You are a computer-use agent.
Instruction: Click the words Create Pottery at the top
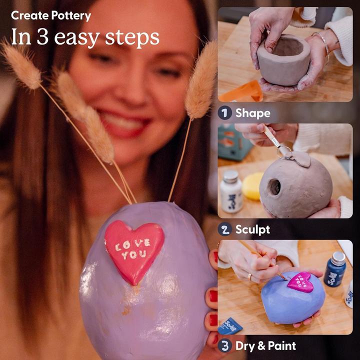click(x=50, y=15)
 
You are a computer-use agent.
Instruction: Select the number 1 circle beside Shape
click(x=224, y=113)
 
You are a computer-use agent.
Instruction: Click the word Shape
click(x=252, y=113)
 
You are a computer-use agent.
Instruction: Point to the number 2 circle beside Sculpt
click(x=224, y=229)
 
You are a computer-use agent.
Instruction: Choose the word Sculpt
click(x=252, y=229)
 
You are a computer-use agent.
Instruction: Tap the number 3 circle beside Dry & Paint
click(x=224, y=345)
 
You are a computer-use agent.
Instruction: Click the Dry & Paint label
click(x=265, y=345)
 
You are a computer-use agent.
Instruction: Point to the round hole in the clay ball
click(x=274, y=187)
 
